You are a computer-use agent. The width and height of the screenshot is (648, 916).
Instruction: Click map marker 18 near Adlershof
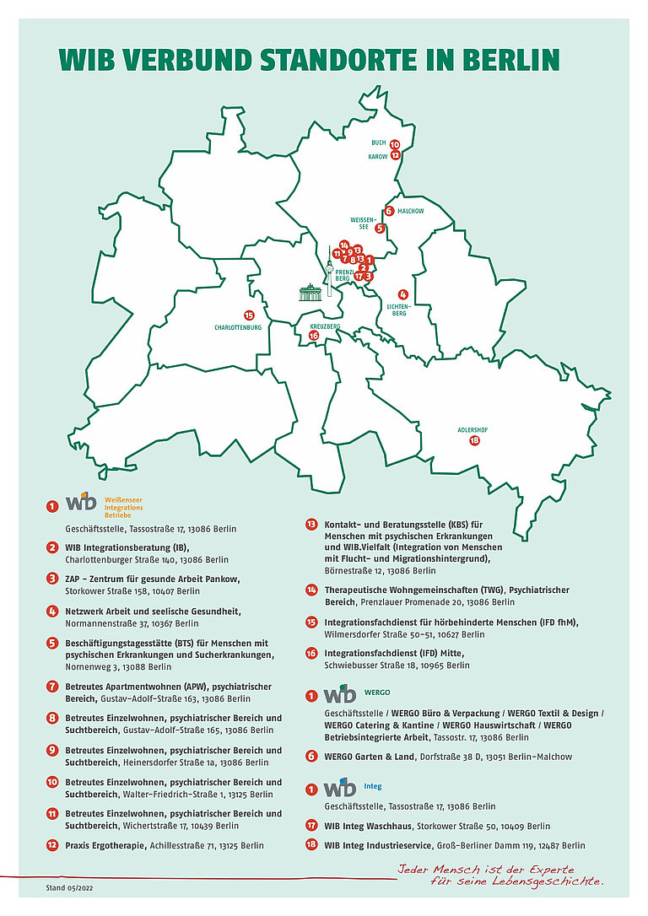[474, 440]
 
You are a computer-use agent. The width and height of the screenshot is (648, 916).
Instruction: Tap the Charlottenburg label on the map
[238, 326]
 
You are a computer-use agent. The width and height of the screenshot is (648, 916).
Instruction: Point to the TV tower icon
[329, 270]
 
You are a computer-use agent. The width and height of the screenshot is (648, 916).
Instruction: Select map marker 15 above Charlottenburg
[249, 315]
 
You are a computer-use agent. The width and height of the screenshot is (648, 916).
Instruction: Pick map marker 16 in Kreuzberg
[314, 336]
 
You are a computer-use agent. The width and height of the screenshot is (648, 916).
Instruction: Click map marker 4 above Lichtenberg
[391, 294]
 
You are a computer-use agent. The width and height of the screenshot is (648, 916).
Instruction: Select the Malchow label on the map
[410, 211]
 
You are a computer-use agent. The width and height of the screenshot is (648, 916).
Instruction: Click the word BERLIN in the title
[510, 61]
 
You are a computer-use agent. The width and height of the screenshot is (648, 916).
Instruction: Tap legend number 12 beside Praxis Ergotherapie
[52, 845]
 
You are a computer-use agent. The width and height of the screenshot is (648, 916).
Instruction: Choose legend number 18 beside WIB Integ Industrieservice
[311, 845]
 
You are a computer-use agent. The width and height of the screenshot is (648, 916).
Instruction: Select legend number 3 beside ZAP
[52, 579]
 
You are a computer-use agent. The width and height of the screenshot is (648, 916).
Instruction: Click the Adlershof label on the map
[472, 429]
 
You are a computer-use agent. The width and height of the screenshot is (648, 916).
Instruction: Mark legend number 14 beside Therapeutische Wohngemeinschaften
[311, 590]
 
